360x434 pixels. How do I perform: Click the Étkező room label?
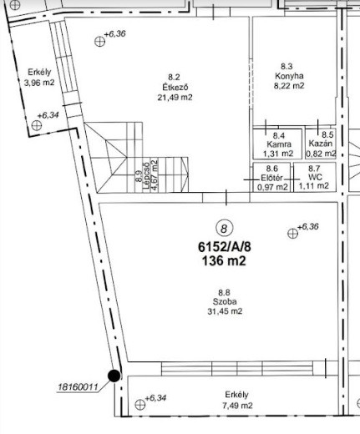(x=175, y=87)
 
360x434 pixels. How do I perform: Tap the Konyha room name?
(x=289, y=76)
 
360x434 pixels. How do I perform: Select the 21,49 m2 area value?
(x=175, y=98)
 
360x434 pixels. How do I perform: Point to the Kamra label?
(x=279, y=144)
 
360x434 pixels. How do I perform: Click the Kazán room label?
(x=321, y=144)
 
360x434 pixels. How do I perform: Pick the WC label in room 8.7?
(x=315, y=177)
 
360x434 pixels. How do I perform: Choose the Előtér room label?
(x=271, y=178)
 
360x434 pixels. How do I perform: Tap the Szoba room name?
(x=225, y=301)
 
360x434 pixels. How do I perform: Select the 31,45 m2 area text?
(x=225, y=311)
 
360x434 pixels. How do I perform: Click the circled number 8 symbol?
(x=224, y=229)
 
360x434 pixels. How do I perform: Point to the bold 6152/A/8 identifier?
(x=225, y=247)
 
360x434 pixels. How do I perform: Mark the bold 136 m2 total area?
(x=224, y=261)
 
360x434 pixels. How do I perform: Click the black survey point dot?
(x=114, y=376)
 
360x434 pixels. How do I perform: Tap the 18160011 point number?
(x=78, y=387)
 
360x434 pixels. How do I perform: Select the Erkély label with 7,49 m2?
(x=236, y=395)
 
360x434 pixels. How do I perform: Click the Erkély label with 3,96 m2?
(x=39, y=73)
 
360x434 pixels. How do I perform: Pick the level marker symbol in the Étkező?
(x=99, y=42)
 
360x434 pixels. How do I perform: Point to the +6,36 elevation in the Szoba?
(x=308, y=227)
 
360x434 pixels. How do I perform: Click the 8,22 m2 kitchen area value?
(x=289, y=86)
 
